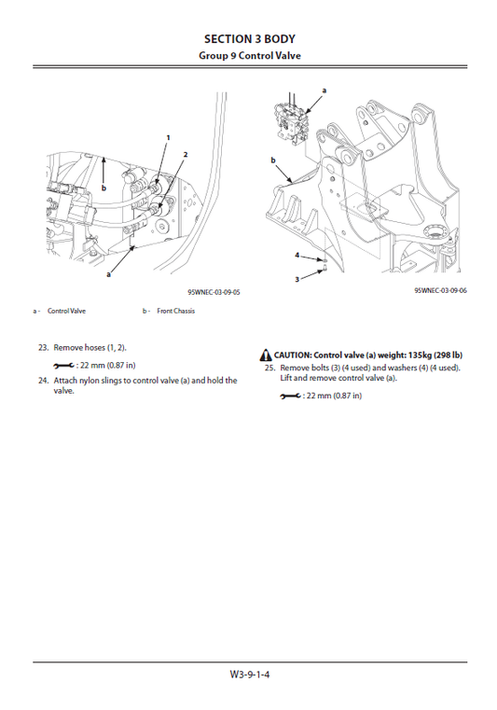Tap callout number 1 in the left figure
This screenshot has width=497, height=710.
[168, 137]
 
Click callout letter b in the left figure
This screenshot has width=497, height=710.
[104, 188]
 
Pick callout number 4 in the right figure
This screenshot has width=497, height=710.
[297, 254]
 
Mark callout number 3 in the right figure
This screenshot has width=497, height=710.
[297, 278]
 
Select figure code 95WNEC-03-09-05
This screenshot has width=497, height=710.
[214, 292]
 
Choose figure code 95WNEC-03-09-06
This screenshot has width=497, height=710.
[441, 291]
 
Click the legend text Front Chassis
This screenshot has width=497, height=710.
[175, 311]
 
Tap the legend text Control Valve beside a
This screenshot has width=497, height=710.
[66, 311]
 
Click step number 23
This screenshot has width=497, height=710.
[43, 347]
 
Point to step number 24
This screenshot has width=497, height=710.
[43, 380]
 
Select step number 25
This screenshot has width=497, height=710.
[269, 368]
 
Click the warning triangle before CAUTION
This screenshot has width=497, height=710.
[266, 355]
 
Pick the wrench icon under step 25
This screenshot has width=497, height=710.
[290, 396]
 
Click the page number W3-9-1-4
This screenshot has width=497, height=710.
[248, 674]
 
